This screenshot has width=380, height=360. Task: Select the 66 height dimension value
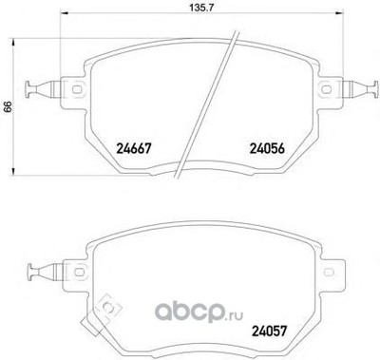[8, 106]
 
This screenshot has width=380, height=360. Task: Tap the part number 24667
[133, 148]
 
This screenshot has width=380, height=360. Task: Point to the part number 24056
[268, 148]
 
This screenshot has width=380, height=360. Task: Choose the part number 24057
[269, 332]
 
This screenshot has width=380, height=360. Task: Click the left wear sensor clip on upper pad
[43, 89]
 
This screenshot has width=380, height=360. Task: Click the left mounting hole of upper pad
[77, 89]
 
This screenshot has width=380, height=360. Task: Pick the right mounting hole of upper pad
[326, 89]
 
